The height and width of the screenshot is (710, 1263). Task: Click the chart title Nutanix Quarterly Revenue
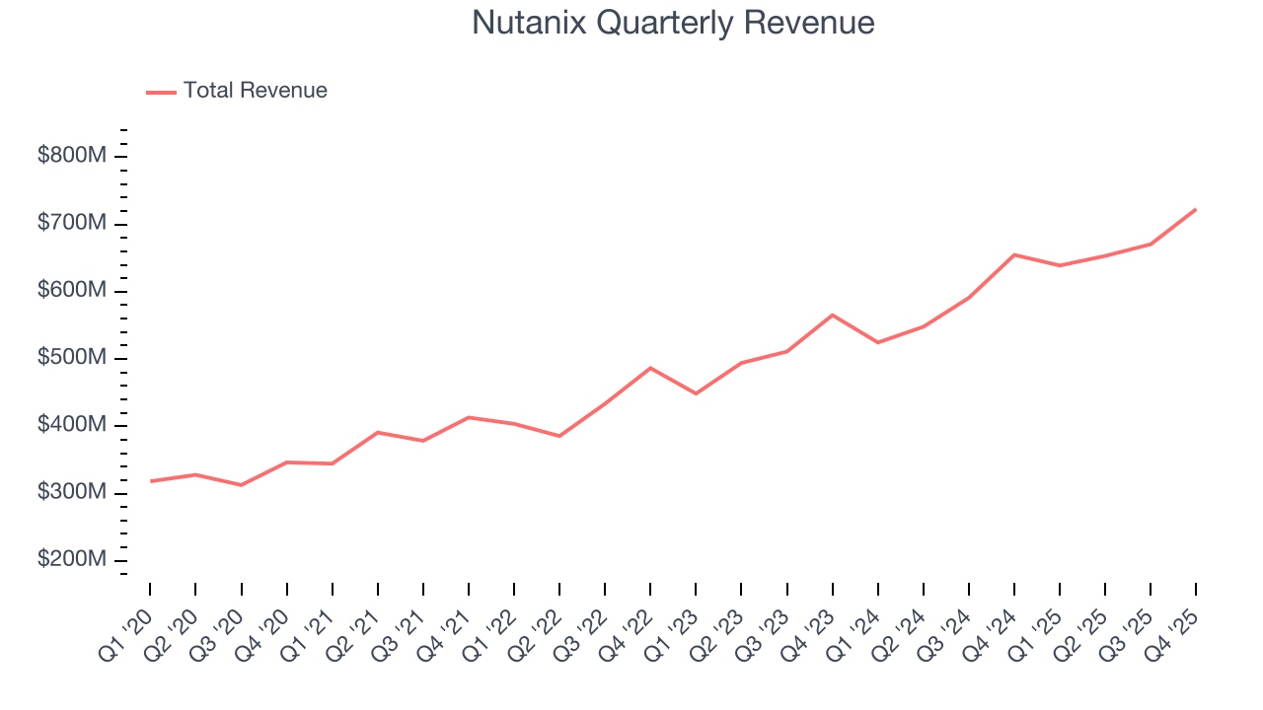click(x=673, y=23)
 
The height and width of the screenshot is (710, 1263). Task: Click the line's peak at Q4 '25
click(x=1196, y=209)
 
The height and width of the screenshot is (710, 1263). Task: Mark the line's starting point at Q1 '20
click(x=150, y=481)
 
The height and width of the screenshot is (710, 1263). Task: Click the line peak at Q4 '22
click(x=650, y=368)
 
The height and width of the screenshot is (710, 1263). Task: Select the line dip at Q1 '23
click(x=696, y=393)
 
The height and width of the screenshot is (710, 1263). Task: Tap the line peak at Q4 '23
click(x=832, y=315)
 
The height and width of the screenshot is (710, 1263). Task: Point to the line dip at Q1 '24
click(x=877, y=342)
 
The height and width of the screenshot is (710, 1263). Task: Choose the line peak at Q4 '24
click(x=1014, y=254)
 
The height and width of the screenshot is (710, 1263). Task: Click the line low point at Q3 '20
click(x=241, y=485)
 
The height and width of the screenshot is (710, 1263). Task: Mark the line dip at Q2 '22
click(x=559, y=436)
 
